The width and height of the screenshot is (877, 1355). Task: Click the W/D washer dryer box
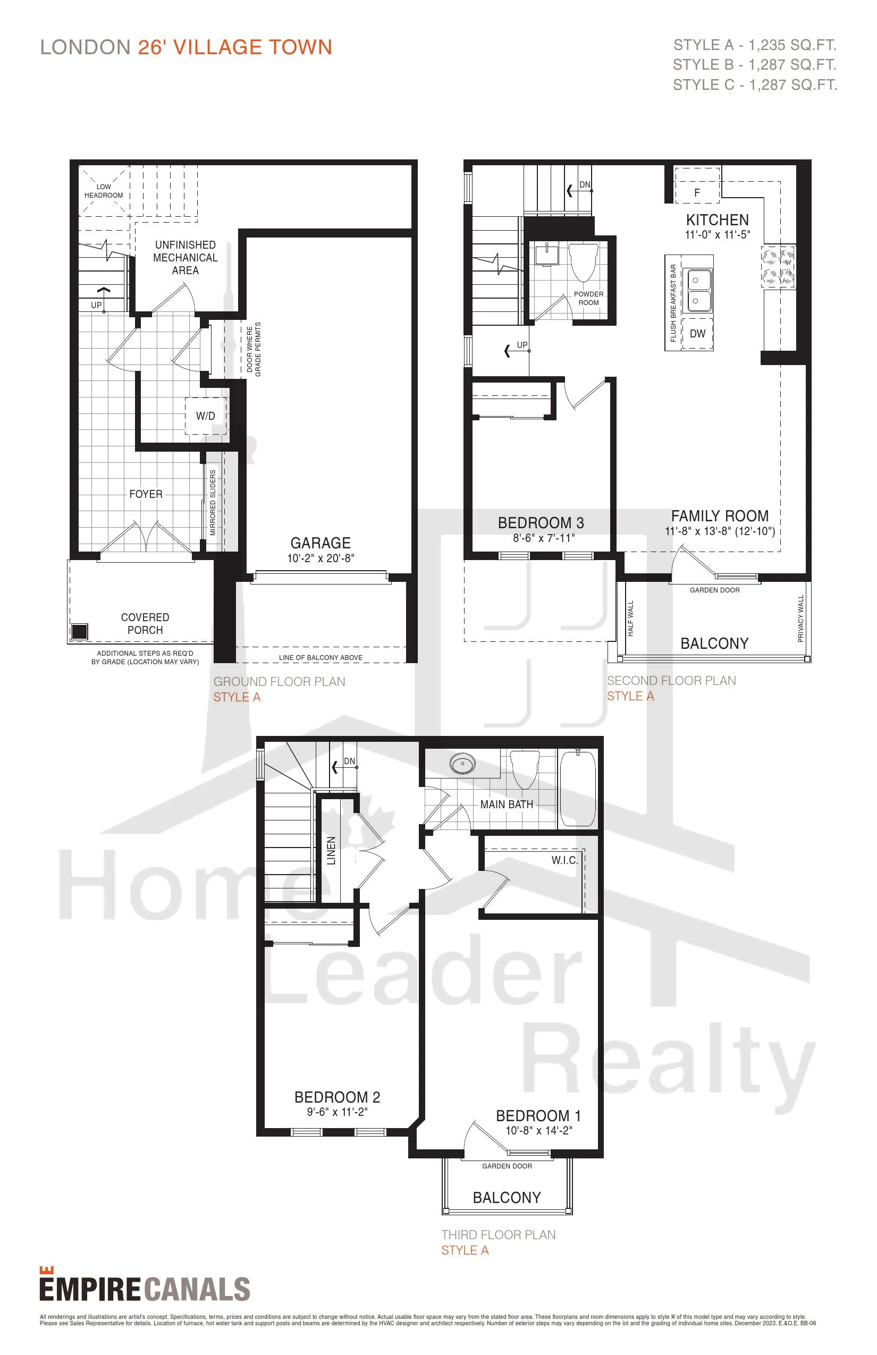[206, 416]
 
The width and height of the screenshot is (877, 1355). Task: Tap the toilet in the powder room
[583, 261]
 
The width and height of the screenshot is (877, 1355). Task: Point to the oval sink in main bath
[462, 764]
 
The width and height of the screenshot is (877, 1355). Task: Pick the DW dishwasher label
[697, 334]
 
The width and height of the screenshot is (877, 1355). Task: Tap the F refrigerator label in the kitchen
[697, 193]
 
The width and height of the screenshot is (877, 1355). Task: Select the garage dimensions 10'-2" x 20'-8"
[321, 558]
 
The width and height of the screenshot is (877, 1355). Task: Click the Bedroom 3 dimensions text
[544, 538]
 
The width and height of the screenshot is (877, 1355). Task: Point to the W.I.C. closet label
[564, 860]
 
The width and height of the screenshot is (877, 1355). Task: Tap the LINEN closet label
[331, 851]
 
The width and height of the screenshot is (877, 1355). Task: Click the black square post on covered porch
[80, 631]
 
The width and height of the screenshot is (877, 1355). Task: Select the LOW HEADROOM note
[104, 191]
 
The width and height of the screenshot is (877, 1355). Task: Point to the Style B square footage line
[755, 65]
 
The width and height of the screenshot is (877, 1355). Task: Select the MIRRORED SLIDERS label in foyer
[213, 502]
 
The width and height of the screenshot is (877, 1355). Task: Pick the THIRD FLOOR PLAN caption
[499, 1235]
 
